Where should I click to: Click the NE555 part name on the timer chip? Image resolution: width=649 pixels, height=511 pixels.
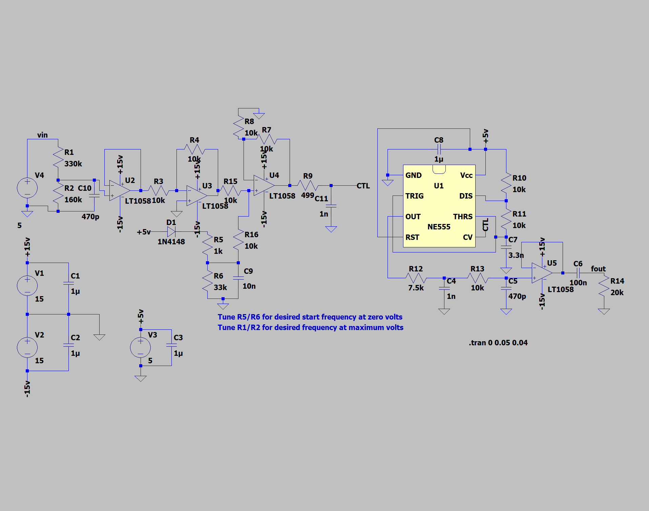pyautogui.click(x=439, y=227)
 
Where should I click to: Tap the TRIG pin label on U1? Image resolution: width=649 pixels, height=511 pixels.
pyautogui.click(x=414, y=196)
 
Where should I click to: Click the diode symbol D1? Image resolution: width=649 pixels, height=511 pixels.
pyautogui.click(x=171, y=232)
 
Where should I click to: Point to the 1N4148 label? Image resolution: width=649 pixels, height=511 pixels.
pyautogui.click(x=171, y=242)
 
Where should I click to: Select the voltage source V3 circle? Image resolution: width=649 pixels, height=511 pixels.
pyautogui.click(x=140, y=347)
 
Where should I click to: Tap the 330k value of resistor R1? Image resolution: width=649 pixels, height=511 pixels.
pyautogui.click(x=73, y=164)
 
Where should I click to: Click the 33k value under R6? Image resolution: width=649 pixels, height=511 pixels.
pyautogui.click(x=220, y=287)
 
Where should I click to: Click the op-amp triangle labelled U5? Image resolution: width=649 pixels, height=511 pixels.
pyautogui.click(x=541, y=273)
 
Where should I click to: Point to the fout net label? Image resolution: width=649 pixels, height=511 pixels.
pyautogui.click(x=598, y=269)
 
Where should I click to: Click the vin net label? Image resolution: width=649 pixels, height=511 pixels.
pyautogui.click(x=42, y=135)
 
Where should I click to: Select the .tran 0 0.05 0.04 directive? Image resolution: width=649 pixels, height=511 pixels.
pyautogui.click(x=498, y=343)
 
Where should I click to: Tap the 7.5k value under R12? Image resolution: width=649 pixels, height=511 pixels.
pyautogui.click(x=416, y=288)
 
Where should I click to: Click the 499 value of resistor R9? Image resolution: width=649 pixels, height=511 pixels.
pyautogui.click(x=307, y=195)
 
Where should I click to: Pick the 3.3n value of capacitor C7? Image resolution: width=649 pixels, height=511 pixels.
pyautogui.click(x=516, y=255)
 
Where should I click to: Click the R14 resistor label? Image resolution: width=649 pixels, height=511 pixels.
pyautogui.click(x=617, y=281)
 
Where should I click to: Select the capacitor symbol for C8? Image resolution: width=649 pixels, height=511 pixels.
pyautogui.click(x=439, y=149)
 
